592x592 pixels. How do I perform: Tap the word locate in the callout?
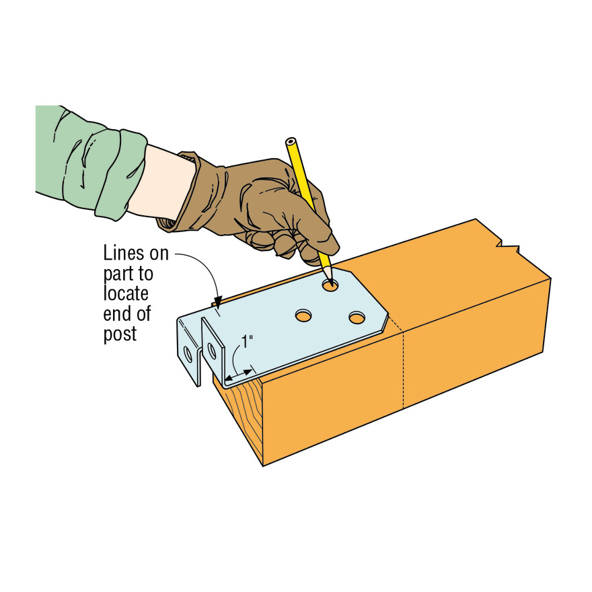(x=126, y=294)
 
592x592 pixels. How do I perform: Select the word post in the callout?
(x=120, y=334)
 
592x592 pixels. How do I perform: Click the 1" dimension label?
(x=248, y=342)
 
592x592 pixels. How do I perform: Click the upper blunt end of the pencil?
(x=291, y=143)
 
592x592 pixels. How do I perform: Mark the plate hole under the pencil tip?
(x=330, y=285)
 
